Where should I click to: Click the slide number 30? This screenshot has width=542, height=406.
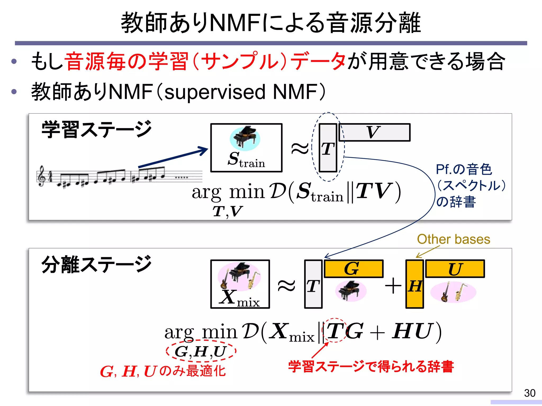530,393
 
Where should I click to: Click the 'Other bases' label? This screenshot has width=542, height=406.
454,239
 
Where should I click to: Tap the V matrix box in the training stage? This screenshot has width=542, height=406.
374,132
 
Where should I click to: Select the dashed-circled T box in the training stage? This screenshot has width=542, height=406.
328,148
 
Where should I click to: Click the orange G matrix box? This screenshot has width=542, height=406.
354,269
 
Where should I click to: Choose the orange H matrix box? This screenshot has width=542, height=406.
415,284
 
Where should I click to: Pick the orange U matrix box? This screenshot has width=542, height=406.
455,269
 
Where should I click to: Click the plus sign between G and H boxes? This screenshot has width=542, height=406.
393,286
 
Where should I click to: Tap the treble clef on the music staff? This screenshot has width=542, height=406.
42,176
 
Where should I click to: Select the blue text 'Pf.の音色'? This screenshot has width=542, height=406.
464,169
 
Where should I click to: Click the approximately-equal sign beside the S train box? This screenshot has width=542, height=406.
300,149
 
